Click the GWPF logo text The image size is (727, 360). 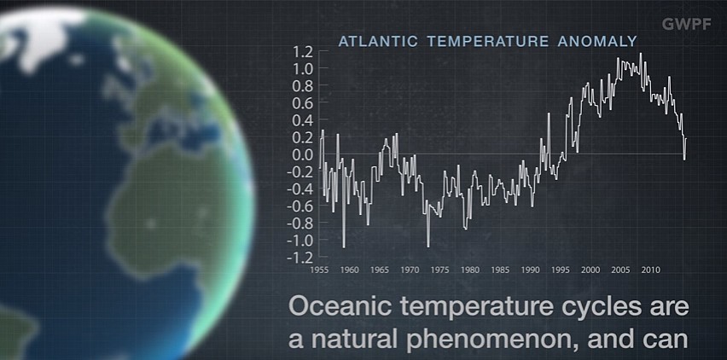686,25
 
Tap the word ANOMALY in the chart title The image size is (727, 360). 597,41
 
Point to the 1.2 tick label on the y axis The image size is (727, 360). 304,52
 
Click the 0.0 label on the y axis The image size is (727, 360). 304,154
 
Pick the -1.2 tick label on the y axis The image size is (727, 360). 301,257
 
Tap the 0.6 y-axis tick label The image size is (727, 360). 304,103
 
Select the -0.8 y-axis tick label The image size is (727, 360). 301,224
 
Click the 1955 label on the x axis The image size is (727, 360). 320,270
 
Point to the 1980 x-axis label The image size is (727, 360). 469,270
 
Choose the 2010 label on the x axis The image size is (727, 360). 650,270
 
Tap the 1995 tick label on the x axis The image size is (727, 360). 560,270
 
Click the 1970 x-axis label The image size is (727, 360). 410,270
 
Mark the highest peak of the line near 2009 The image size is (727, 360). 640,53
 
